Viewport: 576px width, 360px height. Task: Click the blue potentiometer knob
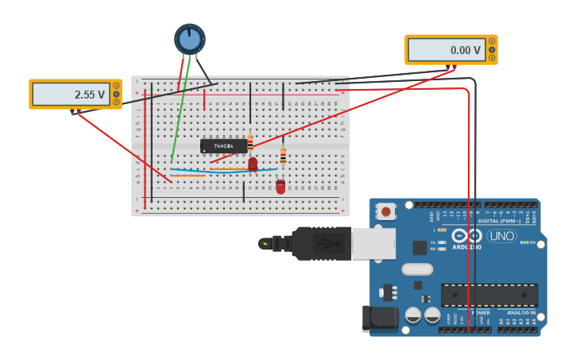[x=190, y=39]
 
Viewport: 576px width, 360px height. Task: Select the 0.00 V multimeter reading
[x=446, y=50]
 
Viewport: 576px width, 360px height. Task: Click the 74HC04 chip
[x=223, y=146]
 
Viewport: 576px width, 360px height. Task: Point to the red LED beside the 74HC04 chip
[x=253, y=164]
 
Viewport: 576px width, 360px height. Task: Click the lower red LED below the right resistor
[x=280, y=187]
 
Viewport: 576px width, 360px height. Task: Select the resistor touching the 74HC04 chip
[x=250, y=143]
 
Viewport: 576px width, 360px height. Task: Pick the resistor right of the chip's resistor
[x=283, y=156]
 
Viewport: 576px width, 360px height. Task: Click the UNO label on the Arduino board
[x=501, y=236]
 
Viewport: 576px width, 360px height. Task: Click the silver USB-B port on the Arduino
[x=373, y=244]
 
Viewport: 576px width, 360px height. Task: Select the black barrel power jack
[x=379, y=318]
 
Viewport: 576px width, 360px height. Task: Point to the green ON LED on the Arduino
[x=524, y=242]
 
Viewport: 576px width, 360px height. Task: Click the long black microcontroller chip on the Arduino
[x=489, y=295]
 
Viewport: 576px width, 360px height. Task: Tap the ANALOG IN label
[x=521, y=312]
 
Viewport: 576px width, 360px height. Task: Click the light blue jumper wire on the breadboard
[x=222, y=170]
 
